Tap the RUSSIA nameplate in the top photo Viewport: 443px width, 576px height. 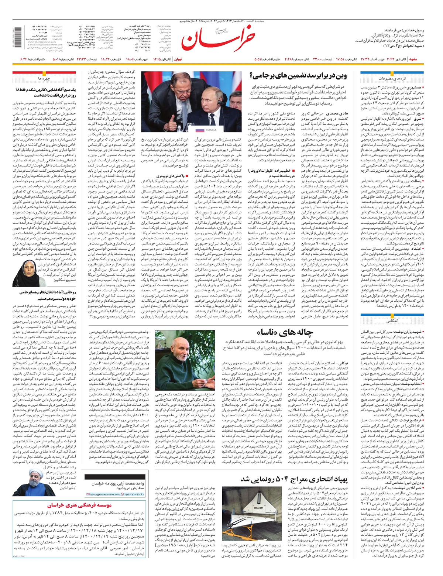(x=211, y=130)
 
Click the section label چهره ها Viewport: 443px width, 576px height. (x=44, y=79)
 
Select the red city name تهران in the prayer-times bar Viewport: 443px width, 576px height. (x=178, y=59)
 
